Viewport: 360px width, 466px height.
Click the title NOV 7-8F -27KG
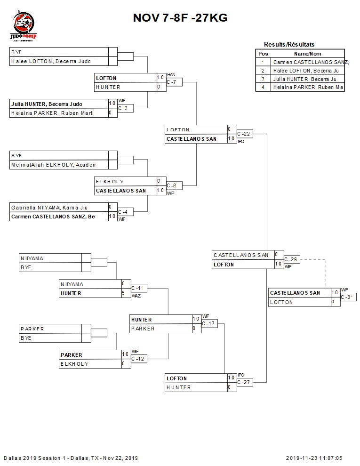click(180, 18)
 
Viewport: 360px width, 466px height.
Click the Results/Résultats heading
click(289, 44)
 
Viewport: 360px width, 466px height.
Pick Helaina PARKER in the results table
click(308, 87)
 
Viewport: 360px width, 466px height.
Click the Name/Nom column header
click(308, 54)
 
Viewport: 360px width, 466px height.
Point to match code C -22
click(244, 134)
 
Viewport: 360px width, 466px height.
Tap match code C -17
click(209, 323)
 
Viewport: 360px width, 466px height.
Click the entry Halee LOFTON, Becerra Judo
click(51, 61)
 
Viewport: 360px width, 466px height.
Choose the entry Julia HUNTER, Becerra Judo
click(47, 104)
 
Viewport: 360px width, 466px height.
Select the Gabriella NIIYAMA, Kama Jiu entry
click(49, 207)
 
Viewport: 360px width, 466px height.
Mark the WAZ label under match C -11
click(136, 296)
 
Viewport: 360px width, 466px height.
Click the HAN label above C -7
click(171, 75)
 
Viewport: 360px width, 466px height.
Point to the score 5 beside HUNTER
click(123, 293)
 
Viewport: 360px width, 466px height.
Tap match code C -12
click(139, 359)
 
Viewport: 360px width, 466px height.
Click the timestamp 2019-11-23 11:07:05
click(314, 458)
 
